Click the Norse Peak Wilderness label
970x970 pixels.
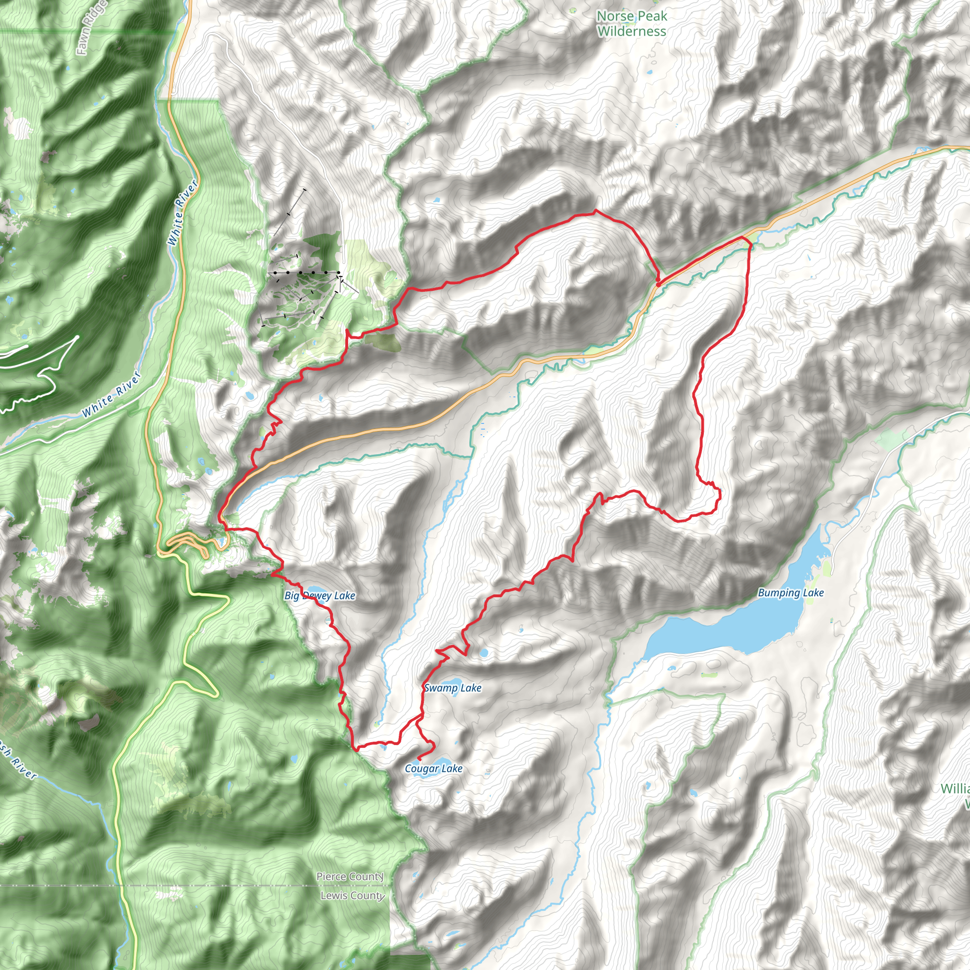[632, 24]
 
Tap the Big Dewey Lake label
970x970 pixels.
[320, 596]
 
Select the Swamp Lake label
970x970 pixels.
[453, 688]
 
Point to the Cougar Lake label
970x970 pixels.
[434, 769]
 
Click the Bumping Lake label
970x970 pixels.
[791, 593]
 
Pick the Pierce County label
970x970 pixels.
[350, 877]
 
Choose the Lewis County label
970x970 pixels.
[352, 896]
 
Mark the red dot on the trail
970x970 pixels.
[658, 285]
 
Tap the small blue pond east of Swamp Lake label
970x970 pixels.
[484, 653]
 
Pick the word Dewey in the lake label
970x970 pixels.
[316, 596]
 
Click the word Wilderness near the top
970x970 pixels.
[632, 32]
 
